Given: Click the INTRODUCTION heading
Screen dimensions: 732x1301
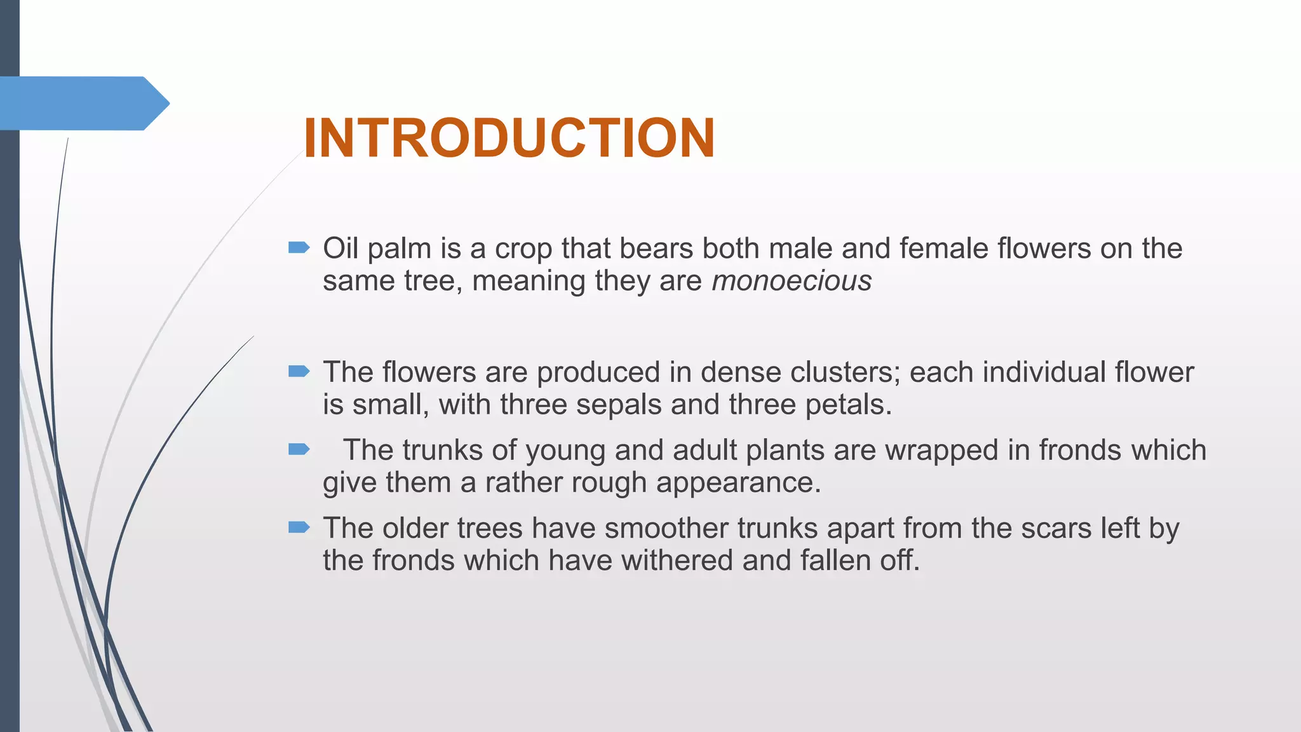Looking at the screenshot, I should pyautogui.click(x=509, y=138).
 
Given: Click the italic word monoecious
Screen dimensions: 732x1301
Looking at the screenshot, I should pyautogui.click(x=792, y=281).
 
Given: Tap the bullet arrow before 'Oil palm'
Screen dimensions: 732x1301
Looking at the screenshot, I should pyautogui.click(x=299, y=247).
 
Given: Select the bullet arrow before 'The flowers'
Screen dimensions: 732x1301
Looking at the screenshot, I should pyautogui.click(x=299, y=371).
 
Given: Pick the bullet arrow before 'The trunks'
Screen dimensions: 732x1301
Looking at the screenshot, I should pyautogui.click(x=299, y=450).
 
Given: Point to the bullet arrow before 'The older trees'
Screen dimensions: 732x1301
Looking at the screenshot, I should pyautogui.click(x=299, y=527).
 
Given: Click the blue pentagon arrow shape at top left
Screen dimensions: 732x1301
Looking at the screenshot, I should pyautogui.click(x=83, y=103).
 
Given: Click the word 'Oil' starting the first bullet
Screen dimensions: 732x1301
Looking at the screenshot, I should pyautogui.click(x=340, y=248).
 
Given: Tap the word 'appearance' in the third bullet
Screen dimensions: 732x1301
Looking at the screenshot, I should pyautogui.click(x=738, y=484).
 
